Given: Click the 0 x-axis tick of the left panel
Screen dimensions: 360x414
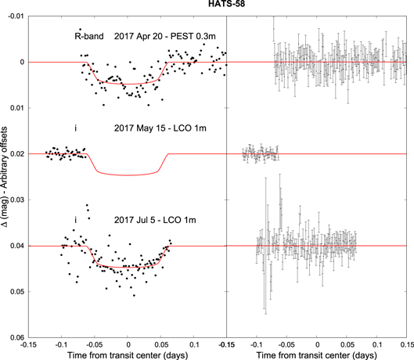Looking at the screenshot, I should pyautogui.click(x=128, y=344).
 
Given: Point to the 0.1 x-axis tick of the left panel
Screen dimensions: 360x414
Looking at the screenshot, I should pyautogui.click(x=193, y=344).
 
